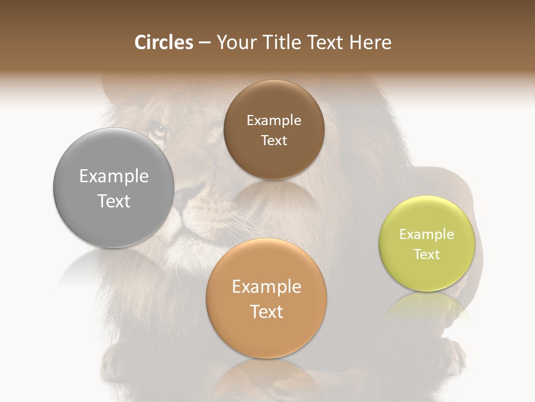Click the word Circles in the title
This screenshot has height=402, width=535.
(x=164, y=42)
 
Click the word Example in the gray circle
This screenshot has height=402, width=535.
(x=114, y=176)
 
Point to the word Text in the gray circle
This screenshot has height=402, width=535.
(x=114, y=201)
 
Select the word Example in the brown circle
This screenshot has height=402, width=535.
(x=274, y=121)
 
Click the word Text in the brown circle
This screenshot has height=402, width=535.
(x=274, y=140)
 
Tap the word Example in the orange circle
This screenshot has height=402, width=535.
(x=266, y=287)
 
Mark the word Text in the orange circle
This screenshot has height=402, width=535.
(x=266, y=312)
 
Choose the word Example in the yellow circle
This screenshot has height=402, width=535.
(x=427, y=234)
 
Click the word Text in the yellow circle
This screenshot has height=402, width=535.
(x=427, y=255)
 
